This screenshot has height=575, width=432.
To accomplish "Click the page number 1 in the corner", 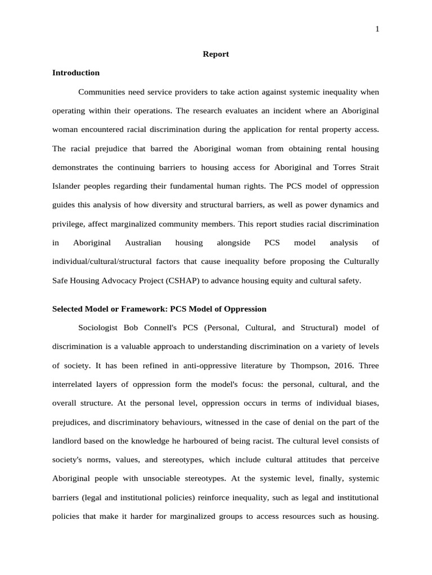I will tap(377, 29).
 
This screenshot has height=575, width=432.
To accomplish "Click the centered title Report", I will tap(215, 54).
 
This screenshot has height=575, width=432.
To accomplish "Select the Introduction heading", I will tap(75, 73).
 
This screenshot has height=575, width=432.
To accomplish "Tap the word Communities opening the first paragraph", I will tap(101, 92).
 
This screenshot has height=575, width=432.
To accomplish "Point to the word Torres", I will tap(344, 167).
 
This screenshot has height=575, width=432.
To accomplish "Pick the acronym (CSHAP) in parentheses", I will tap(182, 281).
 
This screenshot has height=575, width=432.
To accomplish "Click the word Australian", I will tap(143, 243).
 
